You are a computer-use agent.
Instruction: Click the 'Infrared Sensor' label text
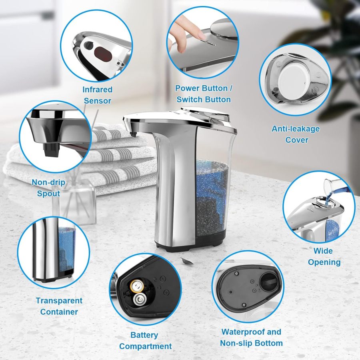point(97,95)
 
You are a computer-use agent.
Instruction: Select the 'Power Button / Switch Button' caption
point(204,94)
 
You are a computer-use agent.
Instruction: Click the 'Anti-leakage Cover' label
point(296,134)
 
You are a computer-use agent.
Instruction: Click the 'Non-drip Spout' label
point(48,188)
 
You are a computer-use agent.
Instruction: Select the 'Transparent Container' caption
point(59,306)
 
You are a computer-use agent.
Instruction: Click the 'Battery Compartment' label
point(145,340)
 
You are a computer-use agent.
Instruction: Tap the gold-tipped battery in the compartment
point(136,286)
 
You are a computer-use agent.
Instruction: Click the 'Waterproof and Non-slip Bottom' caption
point(251,337)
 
